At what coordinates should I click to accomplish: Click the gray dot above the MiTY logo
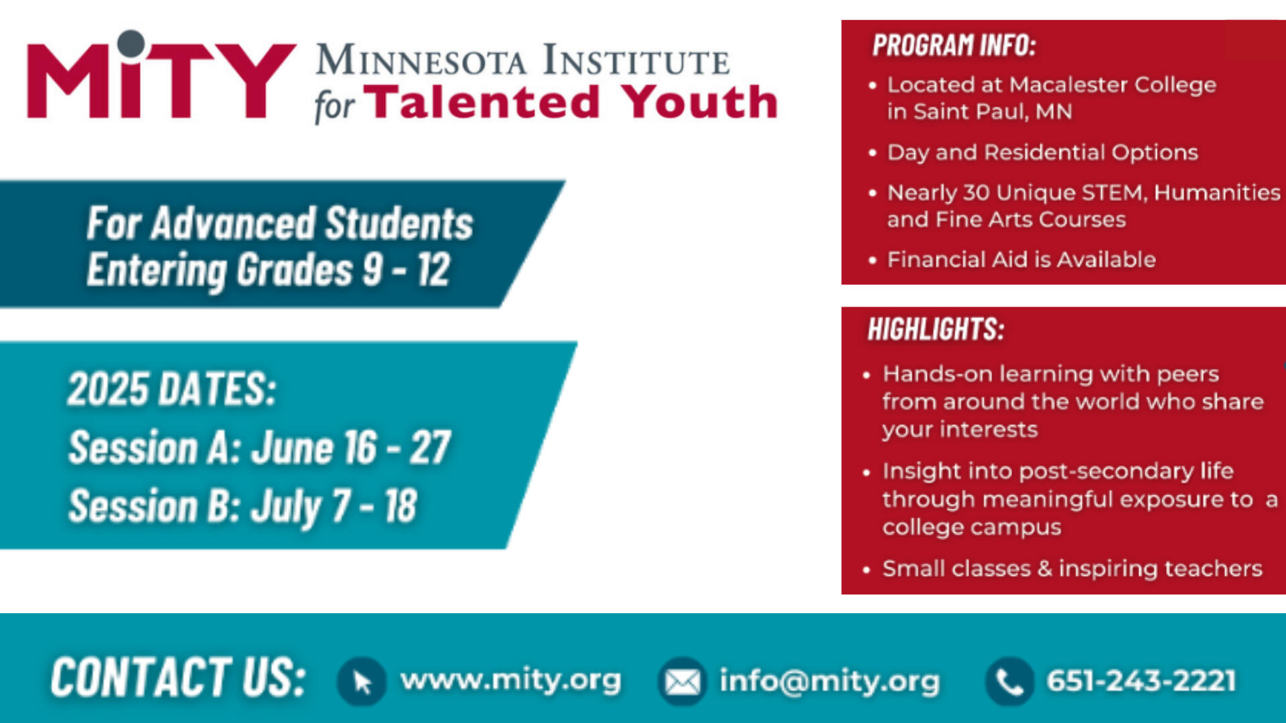point(131,44)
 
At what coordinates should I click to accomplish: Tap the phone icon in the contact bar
point(1009,681)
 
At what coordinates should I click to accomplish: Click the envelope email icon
point(682,681)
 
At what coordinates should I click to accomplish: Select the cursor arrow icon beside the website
point(362,681)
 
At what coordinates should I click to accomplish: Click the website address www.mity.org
point(510,680)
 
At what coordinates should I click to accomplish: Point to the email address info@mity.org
point(829,681)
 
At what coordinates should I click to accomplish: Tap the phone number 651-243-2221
point(1141,681)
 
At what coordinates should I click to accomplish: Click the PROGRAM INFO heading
point(954,46)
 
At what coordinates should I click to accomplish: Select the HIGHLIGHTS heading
point(936,329)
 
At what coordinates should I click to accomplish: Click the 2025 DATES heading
point(171,389)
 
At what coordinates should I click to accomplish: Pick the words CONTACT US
point(178,677)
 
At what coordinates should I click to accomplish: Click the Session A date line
point(260,447)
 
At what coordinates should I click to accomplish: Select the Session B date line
point(243,506)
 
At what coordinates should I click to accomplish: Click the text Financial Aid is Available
point(1021,260)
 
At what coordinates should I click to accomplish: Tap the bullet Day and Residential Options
point(1042,153)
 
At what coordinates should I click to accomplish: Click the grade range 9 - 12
point(406,270)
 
